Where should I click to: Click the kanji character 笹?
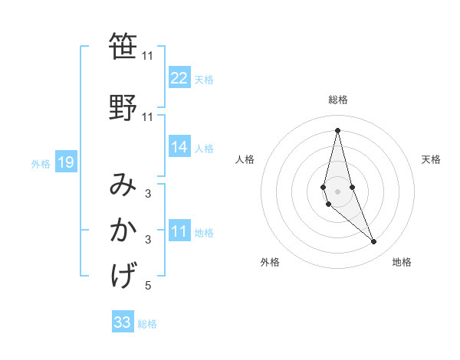(123, 47)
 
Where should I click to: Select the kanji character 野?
(123, 106)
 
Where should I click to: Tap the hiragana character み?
(123, 186)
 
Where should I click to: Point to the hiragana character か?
(123, 230)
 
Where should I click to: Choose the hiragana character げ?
(123, 273)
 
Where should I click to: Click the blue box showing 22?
(179, 78)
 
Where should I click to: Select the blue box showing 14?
(179, 147)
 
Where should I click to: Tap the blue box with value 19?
(66, 162)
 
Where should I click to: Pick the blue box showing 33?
(123, 322)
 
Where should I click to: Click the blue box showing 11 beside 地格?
(179, 232)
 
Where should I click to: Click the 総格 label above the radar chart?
(338, 100)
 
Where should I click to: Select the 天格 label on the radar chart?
(431, 159)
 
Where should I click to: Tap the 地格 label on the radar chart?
(402, 262)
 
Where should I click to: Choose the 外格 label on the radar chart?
(270, 262)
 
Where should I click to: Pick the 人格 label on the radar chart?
(245, 159)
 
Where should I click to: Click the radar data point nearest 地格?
(374, 242)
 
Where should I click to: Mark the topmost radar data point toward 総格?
(338, 130)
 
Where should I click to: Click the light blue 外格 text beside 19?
(41, 163)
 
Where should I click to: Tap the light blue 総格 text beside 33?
(147, 324)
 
